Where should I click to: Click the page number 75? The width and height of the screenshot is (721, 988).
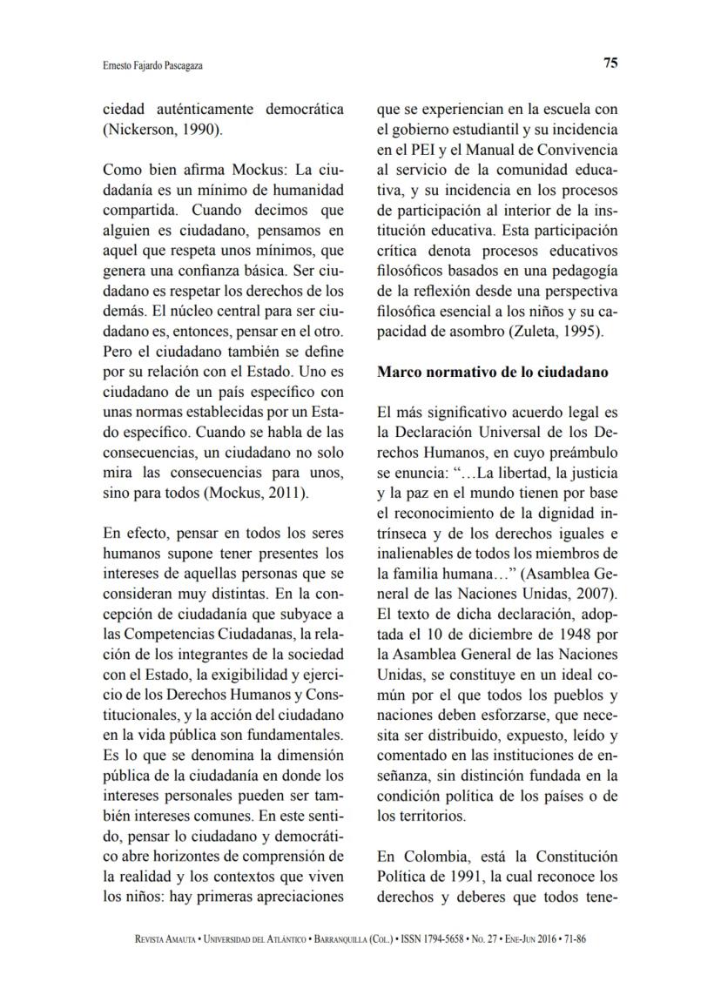(610, 63)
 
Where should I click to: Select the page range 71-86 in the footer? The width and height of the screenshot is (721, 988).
(581, 939)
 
